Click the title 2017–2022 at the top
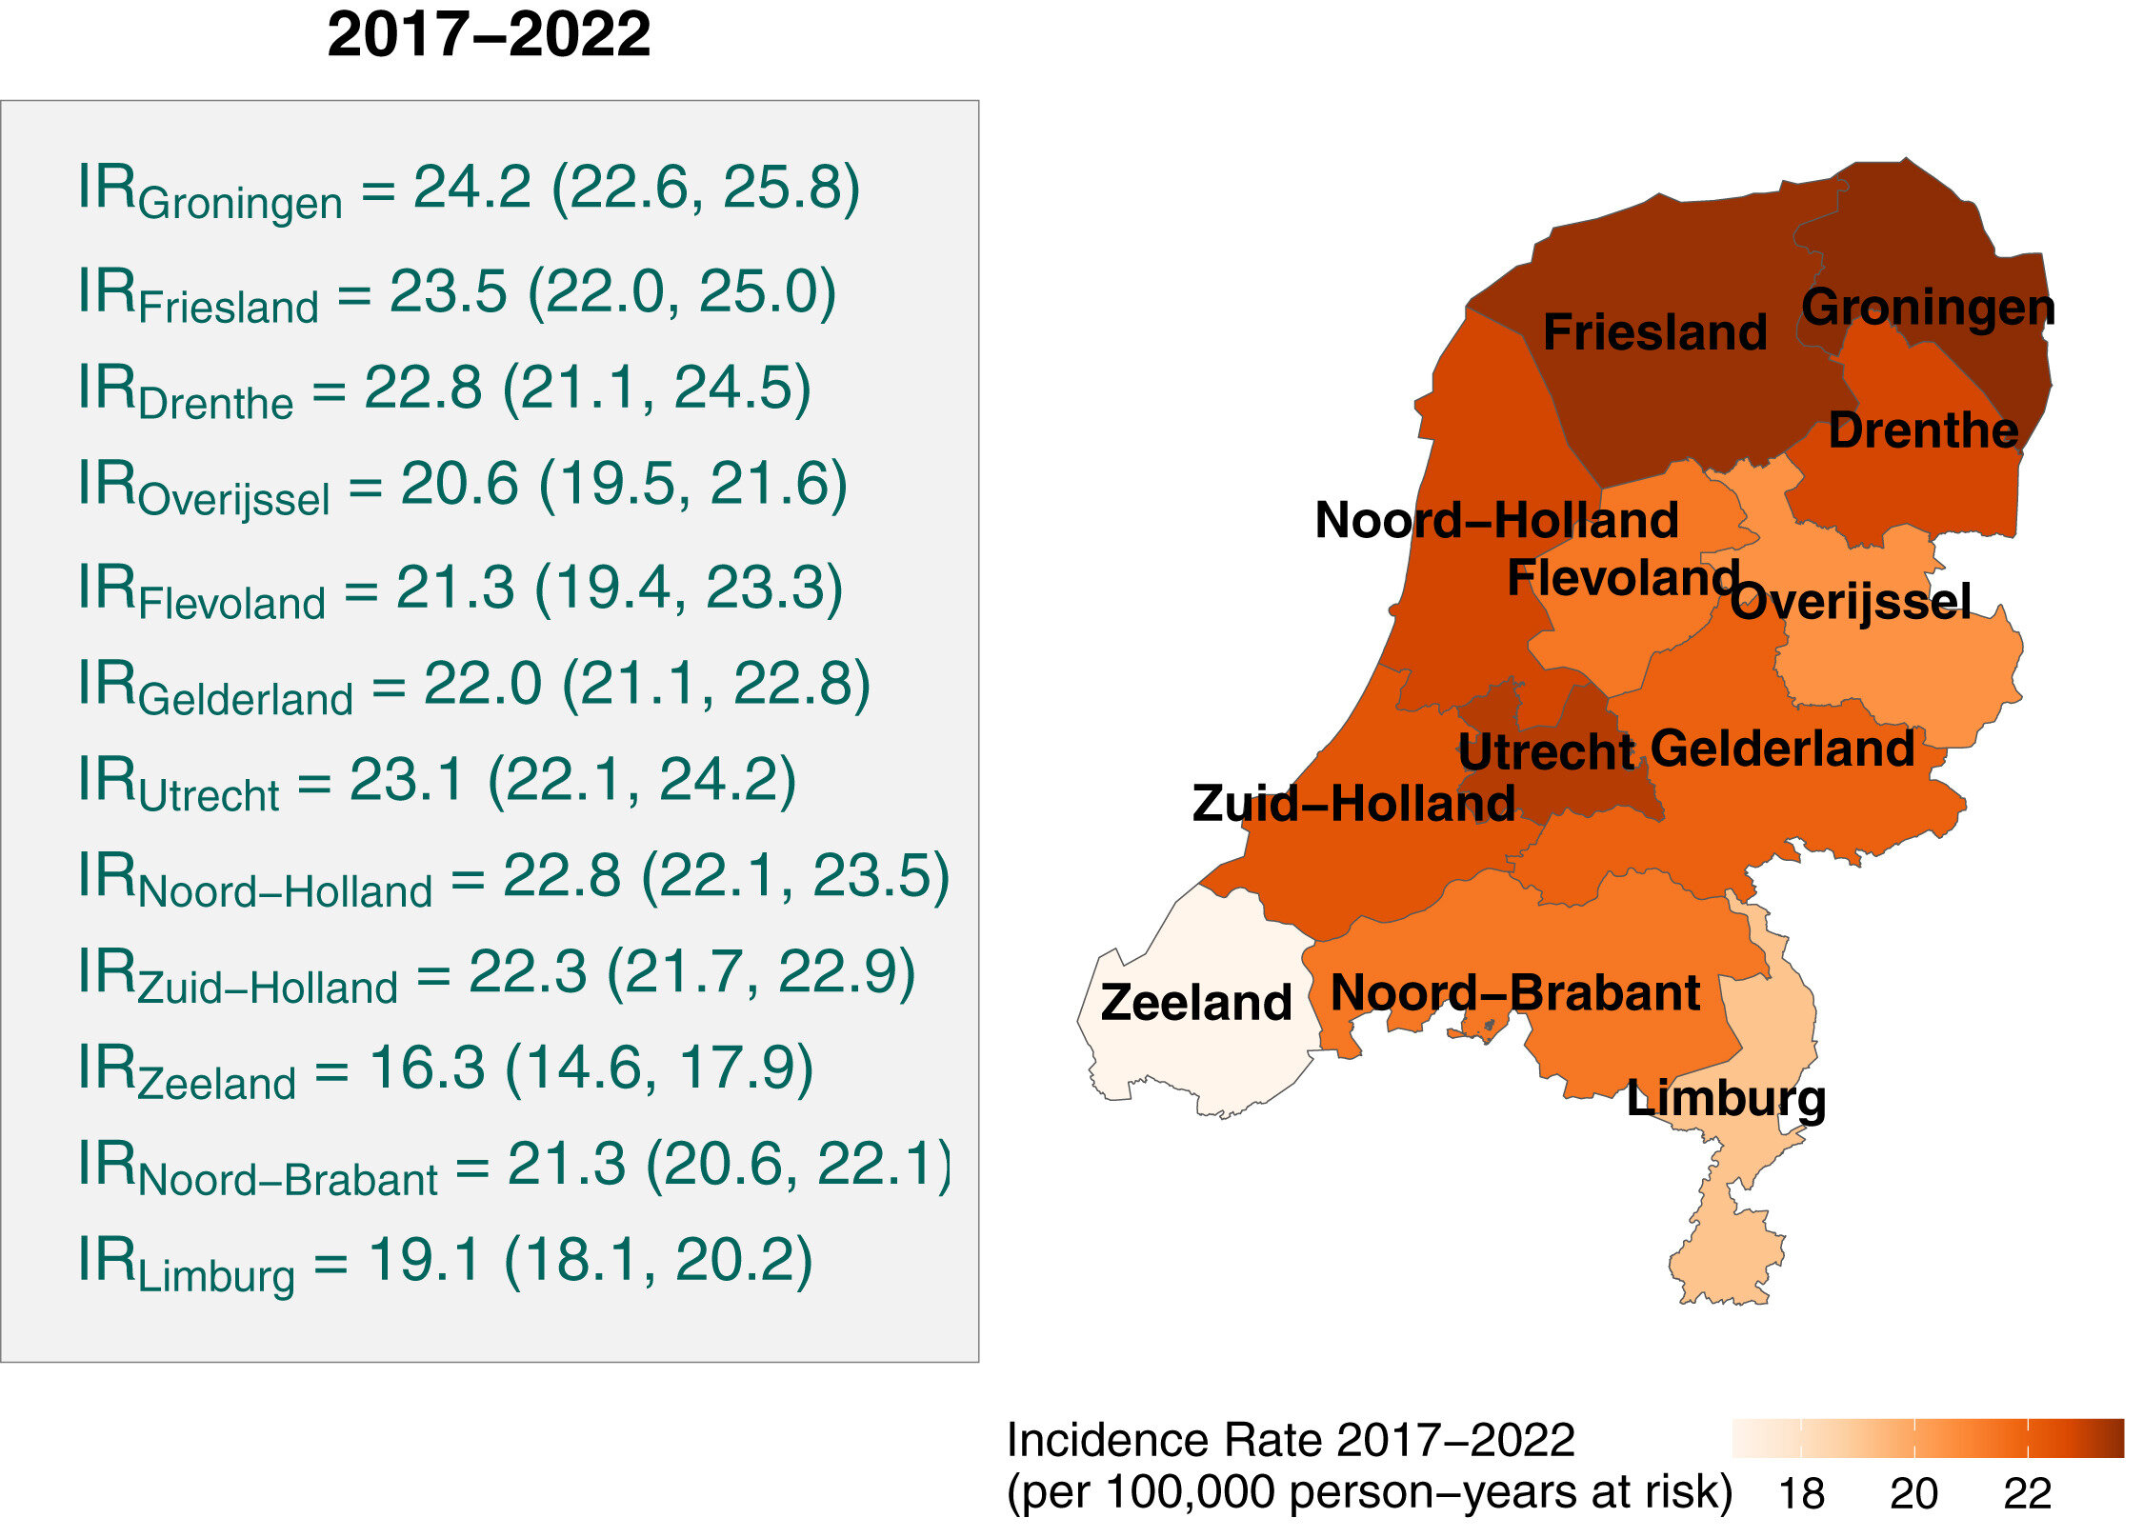(x=489, y=35)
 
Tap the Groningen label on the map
(x=1928, y=308)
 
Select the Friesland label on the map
(x=1654, y=332)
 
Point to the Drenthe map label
(x=1923, y=430)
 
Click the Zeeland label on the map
(x=1196, y=1002)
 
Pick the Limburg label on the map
(x=1726, y=1099)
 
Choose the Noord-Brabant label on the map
(x=1515, y=993)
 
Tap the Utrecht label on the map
(x=1546, y=752)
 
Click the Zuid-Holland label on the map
(x=1353, y=804)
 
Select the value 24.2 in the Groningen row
(x=471, y=187)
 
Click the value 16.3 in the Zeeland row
(x=427, y=1067)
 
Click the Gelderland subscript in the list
(x=246, y=700)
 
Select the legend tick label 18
(x=1801, y=1493)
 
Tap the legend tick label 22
(x=2027, y=1493)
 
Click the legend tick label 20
(x=1913, y=1493)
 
